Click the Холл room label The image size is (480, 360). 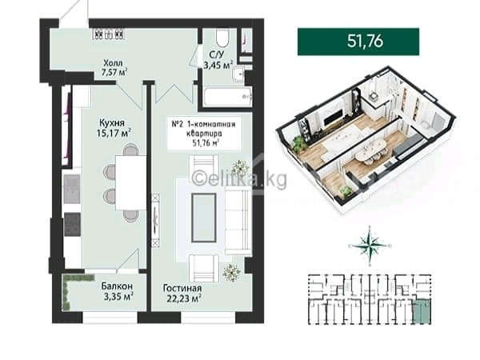113,63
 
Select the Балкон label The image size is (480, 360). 117,286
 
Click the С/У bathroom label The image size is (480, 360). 217,54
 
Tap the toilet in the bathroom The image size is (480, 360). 222,38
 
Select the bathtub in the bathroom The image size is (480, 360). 228,97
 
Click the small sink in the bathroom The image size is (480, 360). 238,74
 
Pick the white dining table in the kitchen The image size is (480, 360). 130,182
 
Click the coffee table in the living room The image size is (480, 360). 204,218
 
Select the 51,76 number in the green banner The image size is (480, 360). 365,41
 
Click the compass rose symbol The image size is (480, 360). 370,246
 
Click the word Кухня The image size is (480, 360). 112,123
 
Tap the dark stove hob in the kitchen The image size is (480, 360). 73,225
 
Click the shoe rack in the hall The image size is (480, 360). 109,34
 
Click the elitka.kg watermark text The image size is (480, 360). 239,179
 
